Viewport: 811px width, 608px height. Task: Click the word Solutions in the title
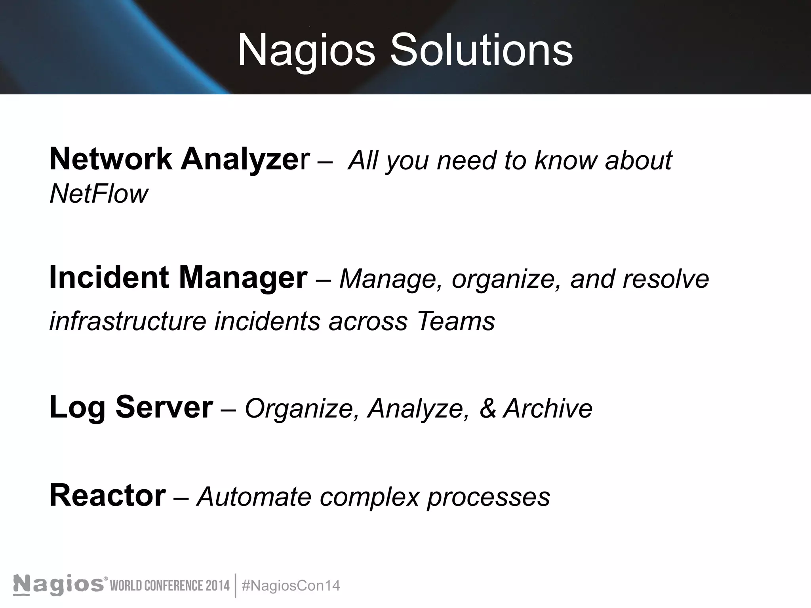(x=481, y=51)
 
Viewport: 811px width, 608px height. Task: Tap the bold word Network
(x=110, y=159)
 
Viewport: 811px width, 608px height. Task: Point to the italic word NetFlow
(x=99, y=194)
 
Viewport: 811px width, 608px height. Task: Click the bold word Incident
(x=109, y=277)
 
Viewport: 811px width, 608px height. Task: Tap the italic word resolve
(x=666, y=279)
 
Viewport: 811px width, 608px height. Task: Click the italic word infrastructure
(x=128, y=321)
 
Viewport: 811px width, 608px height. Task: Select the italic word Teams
(x=455, y=321)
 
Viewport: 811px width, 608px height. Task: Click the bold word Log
(x=77, y=408)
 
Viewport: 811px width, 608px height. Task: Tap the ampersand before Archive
(x=487, y=408)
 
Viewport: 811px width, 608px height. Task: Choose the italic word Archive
(x=548, y=408)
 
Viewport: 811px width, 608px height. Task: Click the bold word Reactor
(x=108, y=496)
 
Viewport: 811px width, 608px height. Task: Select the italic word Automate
(x=254, y=496)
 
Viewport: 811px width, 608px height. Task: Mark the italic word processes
(x=488, y=497)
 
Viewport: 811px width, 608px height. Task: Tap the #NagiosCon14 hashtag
(x=291, y=585)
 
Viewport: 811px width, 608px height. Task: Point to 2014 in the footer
(x=217, y=585)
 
